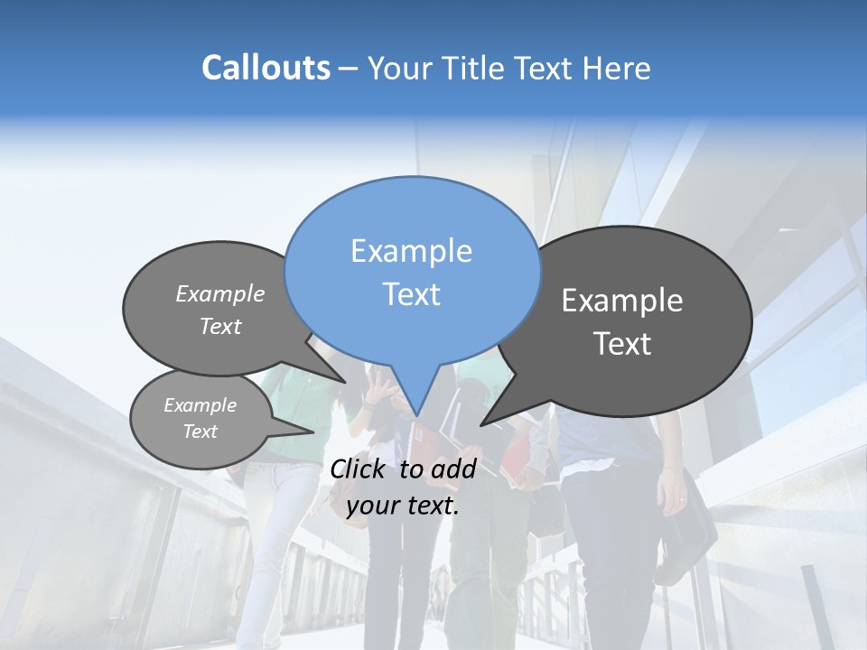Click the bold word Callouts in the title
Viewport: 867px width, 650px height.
point(266,68)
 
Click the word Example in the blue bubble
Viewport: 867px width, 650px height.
point(411,251)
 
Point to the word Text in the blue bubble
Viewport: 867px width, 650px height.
point(411,294)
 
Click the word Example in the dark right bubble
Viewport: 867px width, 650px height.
point(622,301)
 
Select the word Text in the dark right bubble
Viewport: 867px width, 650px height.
point(622,344)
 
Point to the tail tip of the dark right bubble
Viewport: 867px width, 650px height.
point(482,424)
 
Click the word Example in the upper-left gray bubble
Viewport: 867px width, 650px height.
point(220,293)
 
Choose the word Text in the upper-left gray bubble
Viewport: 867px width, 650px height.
point(220,326)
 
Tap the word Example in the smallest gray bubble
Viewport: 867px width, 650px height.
point(200,405)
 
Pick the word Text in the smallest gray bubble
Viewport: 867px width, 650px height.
point(200,432)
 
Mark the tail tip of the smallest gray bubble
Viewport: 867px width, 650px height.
point(313,432)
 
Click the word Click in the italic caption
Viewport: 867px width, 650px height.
point(359,469)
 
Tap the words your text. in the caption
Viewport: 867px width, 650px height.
point(403,506)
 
